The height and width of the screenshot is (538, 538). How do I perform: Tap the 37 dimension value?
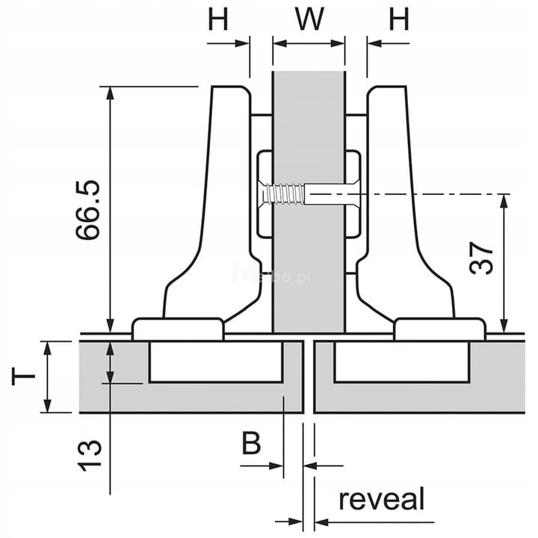click(483, 259)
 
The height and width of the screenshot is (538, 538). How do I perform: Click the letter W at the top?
click(308, 19)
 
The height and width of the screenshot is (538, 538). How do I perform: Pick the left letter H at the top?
click(217, 19)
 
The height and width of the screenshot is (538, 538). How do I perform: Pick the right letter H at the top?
click(398, 19)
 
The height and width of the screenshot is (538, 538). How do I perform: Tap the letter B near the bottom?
click(251, 444)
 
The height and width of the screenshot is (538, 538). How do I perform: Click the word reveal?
click(381, 499)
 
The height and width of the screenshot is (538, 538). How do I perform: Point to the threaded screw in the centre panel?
click(285, 196)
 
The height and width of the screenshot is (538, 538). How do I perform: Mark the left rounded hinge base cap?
click(178, 329)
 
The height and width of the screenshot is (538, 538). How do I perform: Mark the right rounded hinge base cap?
click(439, 329)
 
